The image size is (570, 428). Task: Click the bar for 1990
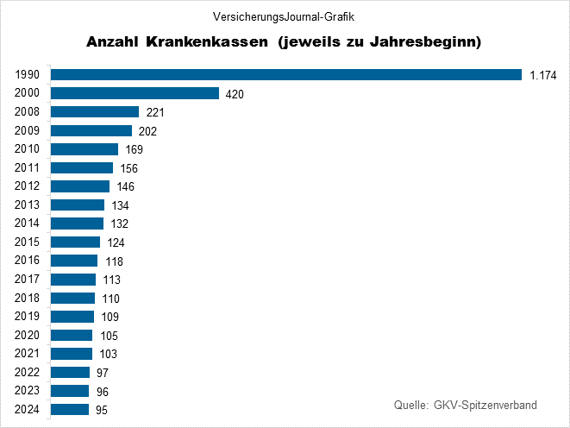(286, 74)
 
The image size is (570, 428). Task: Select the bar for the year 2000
(135, 93)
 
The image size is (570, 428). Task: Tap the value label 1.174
(543, 75)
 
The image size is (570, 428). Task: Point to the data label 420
(235, 94)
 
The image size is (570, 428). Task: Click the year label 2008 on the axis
(28, 112)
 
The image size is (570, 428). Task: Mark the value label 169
(135, 150)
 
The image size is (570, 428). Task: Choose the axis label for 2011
(28, 167)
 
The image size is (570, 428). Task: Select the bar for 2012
(80, 186)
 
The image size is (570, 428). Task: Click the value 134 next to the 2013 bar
(121, 205)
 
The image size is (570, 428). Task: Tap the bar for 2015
(76, 242)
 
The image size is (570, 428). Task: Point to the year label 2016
(28, 261)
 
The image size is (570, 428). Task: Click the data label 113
(111, 280)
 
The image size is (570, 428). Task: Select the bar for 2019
(72, 316)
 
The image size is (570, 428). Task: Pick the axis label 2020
(28, 335)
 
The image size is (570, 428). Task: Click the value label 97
(103, 373)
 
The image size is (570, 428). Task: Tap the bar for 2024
(70, 409)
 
